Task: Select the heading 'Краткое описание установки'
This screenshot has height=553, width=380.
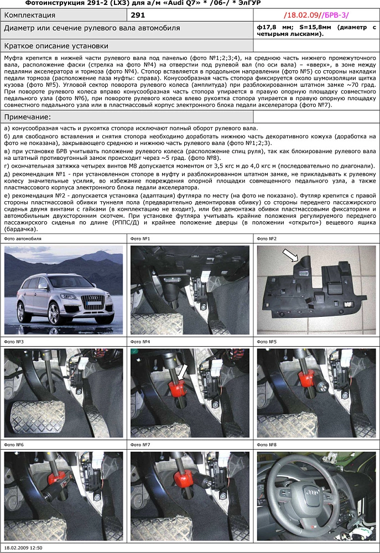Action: tap(56, 46)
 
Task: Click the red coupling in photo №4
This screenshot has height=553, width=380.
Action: tap(178, 389)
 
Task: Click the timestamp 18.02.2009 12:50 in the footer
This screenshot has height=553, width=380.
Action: tap(23, 547)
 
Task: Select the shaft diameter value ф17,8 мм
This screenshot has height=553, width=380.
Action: tap(277, 27)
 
